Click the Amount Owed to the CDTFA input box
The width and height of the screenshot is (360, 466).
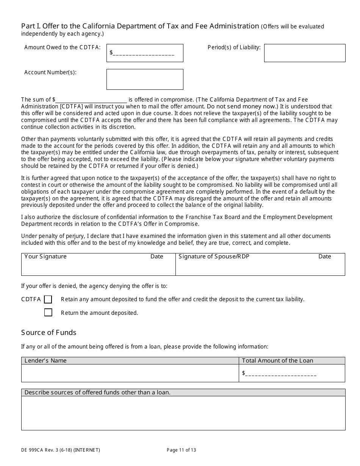click(145, 53)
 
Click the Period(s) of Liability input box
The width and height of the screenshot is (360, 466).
click(305, 53)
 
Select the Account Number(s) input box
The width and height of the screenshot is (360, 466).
click(145, 79)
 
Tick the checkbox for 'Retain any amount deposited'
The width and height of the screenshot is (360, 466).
click(48, 300)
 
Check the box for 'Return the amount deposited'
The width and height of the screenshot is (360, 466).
click(48, 313)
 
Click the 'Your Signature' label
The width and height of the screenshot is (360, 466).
click(45, 257)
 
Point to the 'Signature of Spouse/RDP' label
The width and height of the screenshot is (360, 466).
click(214, 257)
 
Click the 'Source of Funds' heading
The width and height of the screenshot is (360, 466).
click(49, 333)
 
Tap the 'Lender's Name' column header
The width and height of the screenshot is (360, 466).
click(45, 361)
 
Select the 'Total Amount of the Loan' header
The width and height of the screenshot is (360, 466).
click(277, 361)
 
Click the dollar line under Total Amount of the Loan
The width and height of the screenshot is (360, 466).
click(281, 374)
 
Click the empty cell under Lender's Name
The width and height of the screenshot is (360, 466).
click(130, 373)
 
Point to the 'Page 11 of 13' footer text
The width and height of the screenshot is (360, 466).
click(181, 450)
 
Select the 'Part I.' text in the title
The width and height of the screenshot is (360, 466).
click(31, 26)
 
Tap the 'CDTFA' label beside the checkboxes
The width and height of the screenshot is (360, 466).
click(31, 300)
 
